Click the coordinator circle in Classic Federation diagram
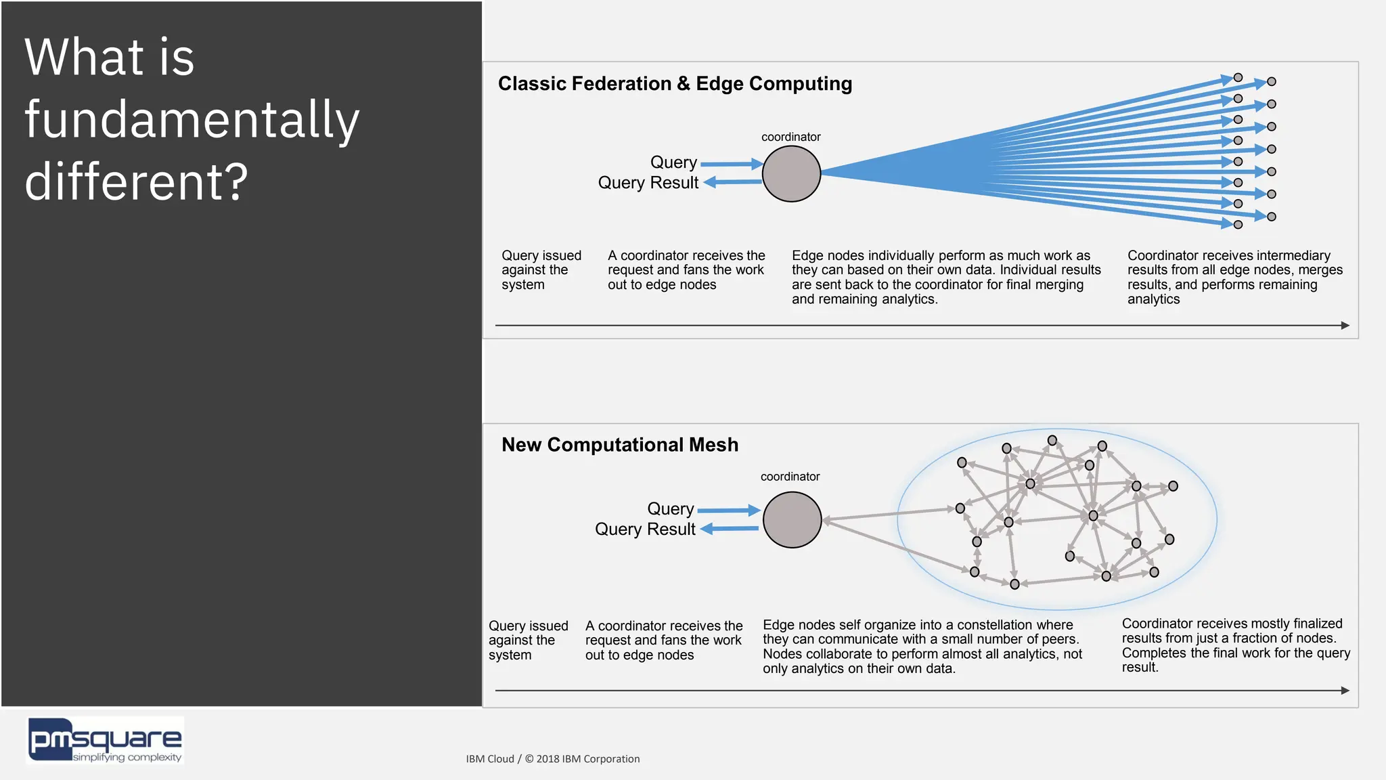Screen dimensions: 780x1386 [x=791, y=173]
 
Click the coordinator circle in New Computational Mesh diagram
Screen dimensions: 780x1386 [x=792, y=519]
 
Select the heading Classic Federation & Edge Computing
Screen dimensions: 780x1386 [x=675, y=83]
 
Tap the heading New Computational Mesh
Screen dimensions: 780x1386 [x=619, y=445]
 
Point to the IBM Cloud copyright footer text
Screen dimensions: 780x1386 [x=552, y=759]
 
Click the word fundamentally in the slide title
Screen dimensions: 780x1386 [x=192, y=119]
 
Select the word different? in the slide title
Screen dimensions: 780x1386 [x=136, y=181]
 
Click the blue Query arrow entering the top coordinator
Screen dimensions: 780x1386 [x=731, y=164]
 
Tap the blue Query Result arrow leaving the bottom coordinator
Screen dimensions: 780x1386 [x=730, y=529]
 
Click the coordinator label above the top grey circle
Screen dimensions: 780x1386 [x=790, y=137]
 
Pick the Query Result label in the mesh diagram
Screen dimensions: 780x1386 [x=644, y=529]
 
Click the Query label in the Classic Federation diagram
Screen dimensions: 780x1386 [x=673, y=162]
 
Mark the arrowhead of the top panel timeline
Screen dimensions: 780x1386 [x=1345, y=326]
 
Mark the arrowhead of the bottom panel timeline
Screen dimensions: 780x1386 [x=1345, y=691]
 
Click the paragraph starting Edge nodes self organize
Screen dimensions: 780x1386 [x=922, y=647]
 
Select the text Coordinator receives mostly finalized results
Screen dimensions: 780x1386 [x=1235, y=645]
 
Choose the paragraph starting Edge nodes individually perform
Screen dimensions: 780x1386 [x=945, y=277]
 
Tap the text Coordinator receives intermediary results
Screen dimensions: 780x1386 [x=1234, y=277]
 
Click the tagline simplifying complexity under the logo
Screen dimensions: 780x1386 [x=127, y=757]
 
